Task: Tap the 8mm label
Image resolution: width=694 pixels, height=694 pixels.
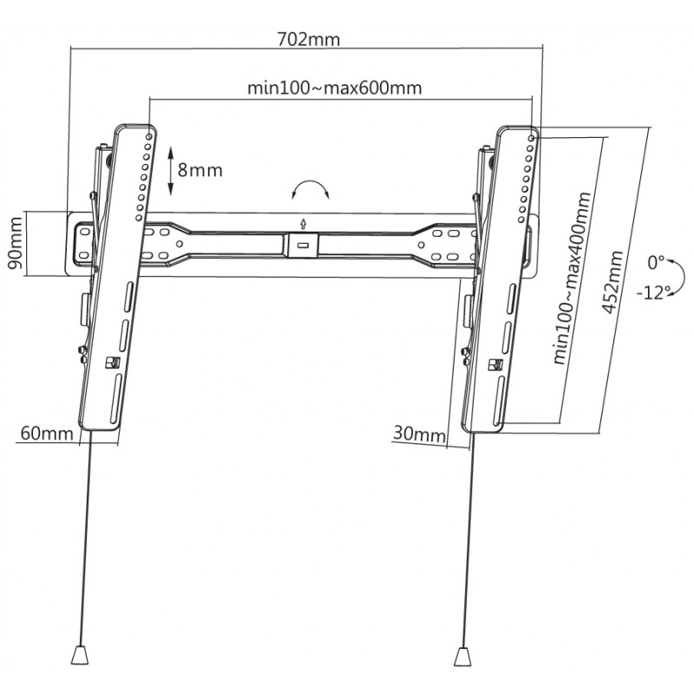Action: pyautogui.click(x=200, y=170)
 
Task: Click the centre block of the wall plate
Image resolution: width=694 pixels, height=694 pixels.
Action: pyautogui.click(x=302, y=243)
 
